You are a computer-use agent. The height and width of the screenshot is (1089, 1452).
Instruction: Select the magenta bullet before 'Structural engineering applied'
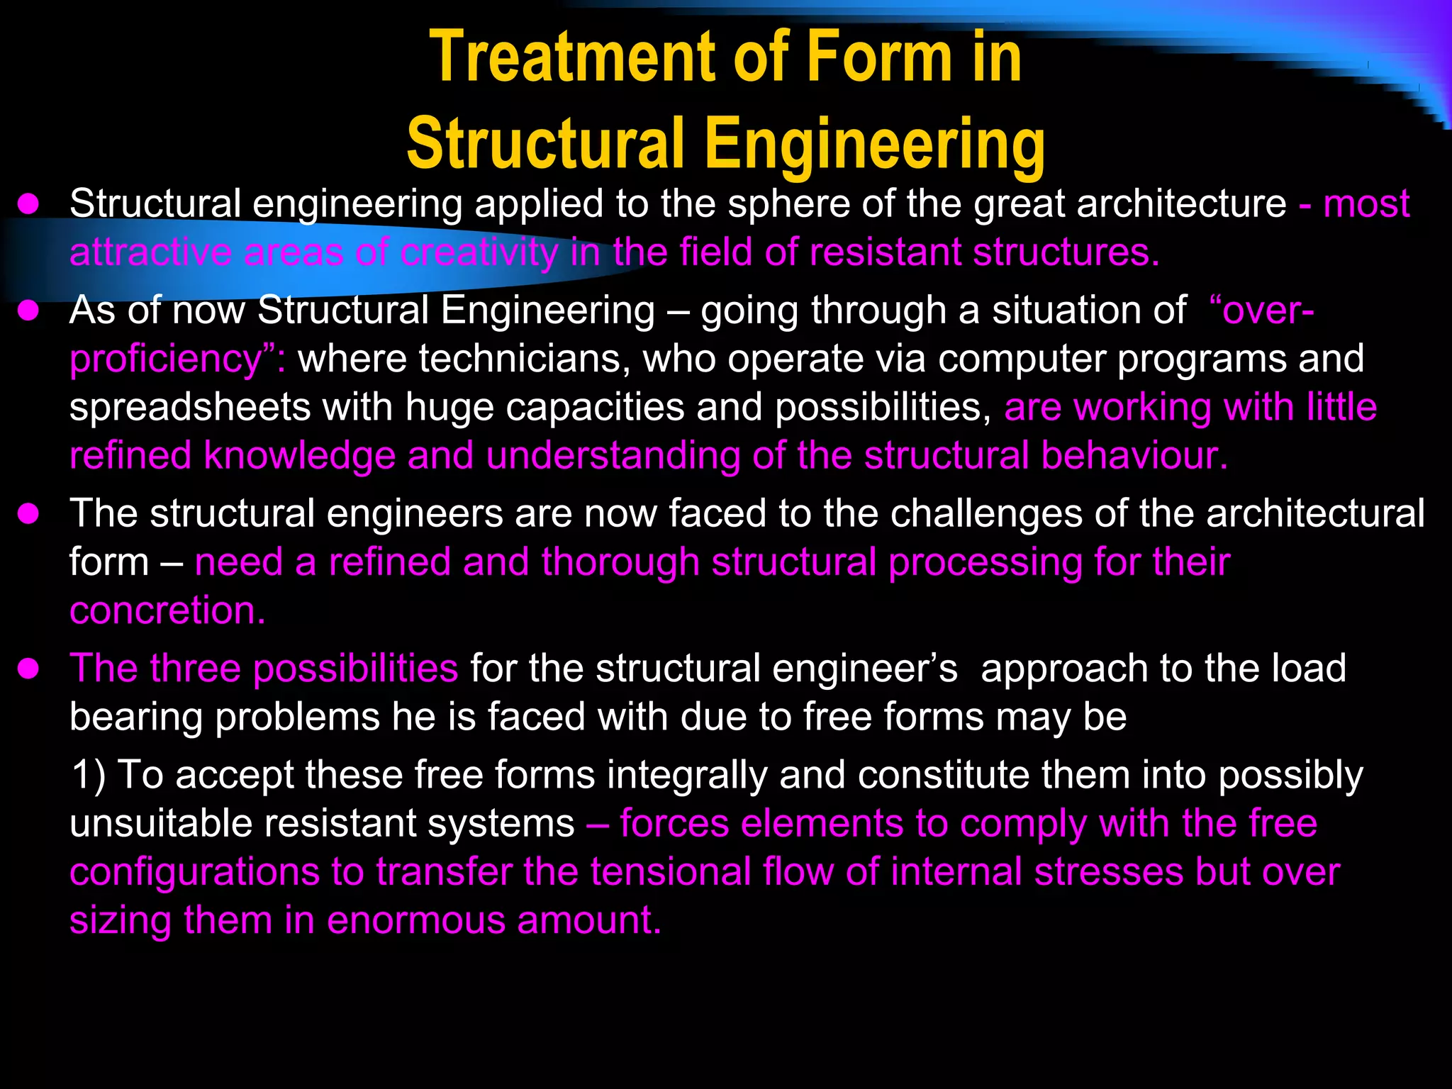click(28, 205)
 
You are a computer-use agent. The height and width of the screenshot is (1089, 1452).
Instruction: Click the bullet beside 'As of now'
click(28, 311)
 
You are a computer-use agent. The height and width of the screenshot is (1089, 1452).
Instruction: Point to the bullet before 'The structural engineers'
click(28, 514)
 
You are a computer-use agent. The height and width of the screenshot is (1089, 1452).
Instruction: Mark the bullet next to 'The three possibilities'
click(28, 669)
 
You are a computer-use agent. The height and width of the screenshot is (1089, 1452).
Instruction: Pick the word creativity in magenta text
click(479, 252)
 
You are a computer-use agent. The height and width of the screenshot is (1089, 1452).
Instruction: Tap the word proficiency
click(167, 359)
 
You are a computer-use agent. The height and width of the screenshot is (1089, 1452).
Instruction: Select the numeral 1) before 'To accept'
click(89, 775)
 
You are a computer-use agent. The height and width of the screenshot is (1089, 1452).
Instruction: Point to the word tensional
click(671, 872)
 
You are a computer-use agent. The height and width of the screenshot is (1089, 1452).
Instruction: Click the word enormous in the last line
click(415, 920)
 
